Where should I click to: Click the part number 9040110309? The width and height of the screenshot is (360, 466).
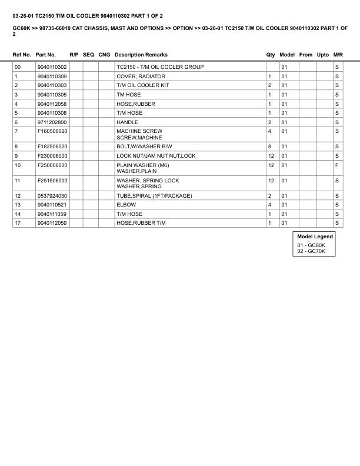52,76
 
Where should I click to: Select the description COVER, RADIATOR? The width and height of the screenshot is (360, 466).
141,76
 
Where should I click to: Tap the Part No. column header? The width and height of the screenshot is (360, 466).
46,55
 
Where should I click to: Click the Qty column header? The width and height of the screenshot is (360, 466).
271,55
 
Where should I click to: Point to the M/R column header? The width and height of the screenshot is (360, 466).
338,55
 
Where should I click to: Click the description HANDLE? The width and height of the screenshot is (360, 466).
128,122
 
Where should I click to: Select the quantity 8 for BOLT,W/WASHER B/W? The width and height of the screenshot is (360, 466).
269,146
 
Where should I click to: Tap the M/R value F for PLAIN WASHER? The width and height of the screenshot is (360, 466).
337,165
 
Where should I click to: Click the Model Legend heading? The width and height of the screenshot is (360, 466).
315,237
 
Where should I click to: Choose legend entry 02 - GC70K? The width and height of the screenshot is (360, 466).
311,251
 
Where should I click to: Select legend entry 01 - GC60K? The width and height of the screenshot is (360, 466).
311,245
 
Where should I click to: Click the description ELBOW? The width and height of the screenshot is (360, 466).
125,205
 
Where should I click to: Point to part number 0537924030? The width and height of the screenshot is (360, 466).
52,195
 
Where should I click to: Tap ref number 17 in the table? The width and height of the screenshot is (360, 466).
17,223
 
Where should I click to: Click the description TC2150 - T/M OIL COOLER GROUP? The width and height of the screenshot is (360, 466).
160,67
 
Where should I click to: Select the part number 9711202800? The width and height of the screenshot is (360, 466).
52,122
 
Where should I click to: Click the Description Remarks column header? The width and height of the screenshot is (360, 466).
141,55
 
